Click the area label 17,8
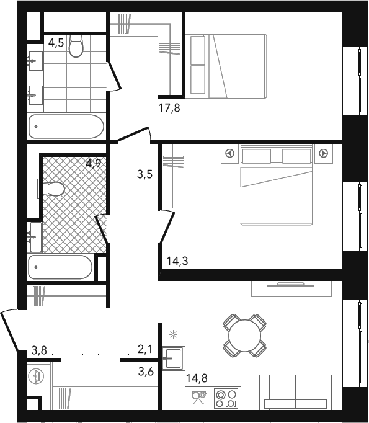point(169,108)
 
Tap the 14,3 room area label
point(177,261)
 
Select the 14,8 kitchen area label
point(197,378)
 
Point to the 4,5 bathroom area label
point(56,43)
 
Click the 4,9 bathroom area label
point(93,163)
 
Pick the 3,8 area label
point(39,350)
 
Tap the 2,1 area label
point(145,349)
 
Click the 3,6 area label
point(146,372)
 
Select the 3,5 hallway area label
point(145,174)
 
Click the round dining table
point(244,336)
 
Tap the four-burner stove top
point(226,399)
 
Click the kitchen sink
point(174,358)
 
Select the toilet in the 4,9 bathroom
point(53,189)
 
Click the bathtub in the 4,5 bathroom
point(66,127)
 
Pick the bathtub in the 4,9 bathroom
point(60,267)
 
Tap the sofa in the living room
point(295,392)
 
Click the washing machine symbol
point(35,375)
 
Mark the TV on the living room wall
point(291,284)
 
